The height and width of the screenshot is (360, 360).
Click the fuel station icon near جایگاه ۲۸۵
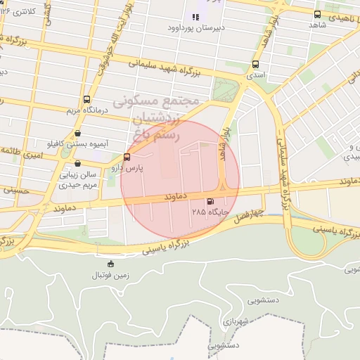point(210,200)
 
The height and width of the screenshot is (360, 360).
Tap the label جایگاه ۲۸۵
point(209,211)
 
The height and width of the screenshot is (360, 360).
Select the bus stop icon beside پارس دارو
point(127,157)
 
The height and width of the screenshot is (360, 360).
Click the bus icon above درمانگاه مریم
point(86,99)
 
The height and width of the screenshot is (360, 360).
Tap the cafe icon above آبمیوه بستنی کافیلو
point(77,133)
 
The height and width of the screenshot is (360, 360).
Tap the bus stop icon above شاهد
point(317,13)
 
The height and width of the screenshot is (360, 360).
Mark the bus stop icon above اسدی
point(255,63)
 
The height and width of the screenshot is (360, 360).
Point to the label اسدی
point(255,73)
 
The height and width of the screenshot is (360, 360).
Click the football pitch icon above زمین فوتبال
point(109,264)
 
